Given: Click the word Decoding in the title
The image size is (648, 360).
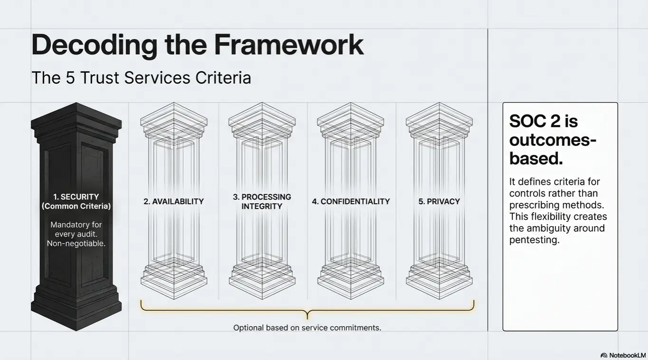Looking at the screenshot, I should pos(94,45).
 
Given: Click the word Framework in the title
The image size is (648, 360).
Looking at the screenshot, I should pos(288,45).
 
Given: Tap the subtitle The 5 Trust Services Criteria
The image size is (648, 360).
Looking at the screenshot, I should pos(141,78).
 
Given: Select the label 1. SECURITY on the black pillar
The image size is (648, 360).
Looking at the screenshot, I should pos(76,197).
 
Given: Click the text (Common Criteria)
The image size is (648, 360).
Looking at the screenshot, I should pos(76,206).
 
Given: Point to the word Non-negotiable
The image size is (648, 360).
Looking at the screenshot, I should pos(76,244).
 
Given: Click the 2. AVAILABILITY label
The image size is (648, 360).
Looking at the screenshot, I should pos(174,201).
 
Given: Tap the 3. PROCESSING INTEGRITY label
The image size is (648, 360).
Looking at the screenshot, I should pos(262,201).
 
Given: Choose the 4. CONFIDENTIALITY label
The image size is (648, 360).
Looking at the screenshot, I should pos(351,201).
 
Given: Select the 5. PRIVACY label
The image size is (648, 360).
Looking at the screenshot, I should pos(439,201).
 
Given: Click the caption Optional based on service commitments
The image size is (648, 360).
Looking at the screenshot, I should pos(307,328).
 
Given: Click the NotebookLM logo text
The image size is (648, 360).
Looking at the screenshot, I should pos(627,355).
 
